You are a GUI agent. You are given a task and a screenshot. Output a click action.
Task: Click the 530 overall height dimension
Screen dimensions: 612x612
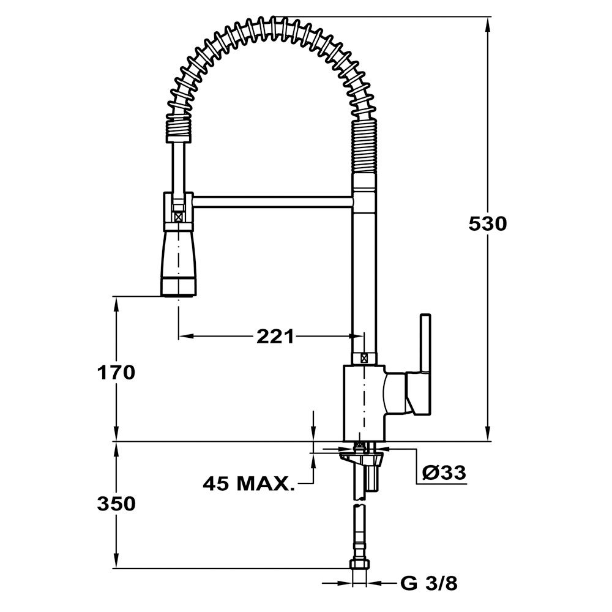pos(488,224)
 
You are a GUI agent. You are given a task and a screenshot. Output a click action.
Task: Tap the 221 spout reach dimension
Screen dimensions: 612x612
pos(275,336)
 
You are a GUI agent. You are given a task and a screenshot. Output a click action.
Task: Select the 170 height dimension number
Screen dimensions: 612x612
pos(116,372)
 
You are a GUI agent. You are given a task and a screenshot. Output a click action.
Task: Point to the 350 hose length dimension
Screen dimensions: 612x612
pos(116,504)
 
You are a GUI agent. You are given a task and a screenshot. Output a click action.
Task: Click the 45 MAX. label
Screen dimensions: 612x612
pos(248,483)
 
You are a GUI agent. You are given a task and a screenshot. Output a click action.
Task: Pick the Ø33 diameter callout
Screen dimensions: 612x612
pos(444,472)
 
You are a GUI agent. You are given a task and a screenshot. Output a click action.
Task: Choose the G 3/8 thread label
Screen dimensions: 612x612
pos(429,583)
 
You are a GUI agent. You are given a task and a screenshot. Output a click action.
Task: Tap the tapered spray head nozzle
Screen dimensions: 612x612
pos(178,263)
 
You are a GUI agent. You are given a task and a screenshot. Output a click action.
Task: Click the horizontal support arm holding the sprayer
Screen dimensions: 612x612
pos(273,201)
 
